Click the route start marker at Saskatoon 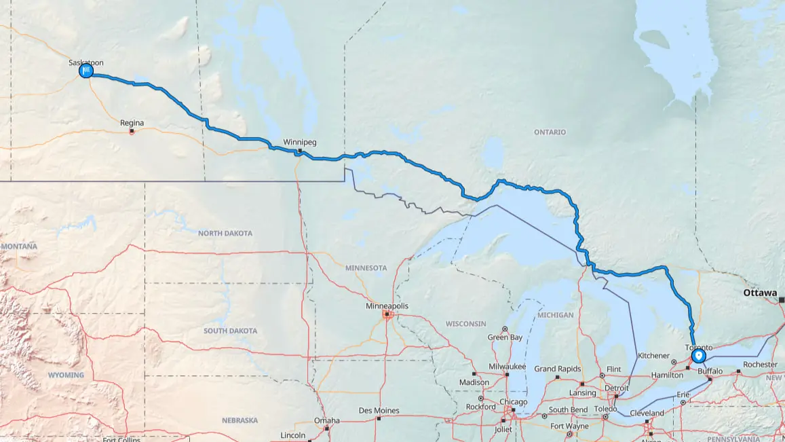point(86,71)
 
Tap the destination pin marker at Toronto point(698,355)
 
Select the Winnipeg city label point(299,143)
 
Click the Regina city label point(132,123)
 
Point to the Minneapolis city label point(387,306)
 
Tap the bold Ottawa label point(759,293)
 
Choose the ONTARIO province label point(550,132)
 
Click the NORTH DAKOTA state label point(225,234)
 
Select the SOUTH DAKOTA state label point(230,331)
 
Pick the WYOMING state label point(66,375)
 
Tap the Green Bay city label point(505,337)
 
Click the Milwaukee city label point(507,367)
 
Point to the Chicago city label point(514,402)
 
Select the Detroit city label point(616,388)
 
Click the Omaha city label point(326,420)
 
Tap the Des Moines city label point(379,411)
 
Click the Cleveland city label point(647,413)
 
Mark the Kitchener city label point(654,355)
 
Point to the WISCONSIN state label point(465,323)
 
